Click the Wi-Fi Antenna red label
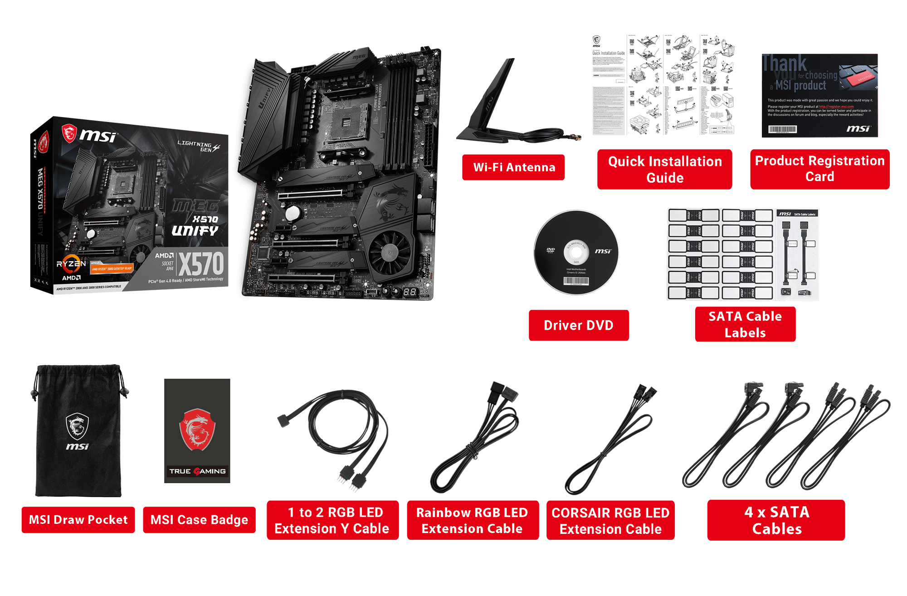click(x=513, y=167)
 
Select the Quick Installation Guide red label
click(x=664, y=169)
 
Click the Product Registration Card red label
click(x=819, y=169)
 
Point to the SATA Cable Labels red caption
click(x=745, y=324)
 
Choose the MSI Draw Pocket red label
click(x=78, y=520)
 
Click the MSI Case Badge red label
click(x=199, y=520)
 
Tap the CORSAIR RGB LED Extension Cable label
click(x=610, y=521)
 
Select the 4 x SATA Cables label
click(x=776, y=520)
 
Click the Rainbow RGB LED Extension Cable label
click(x=472, y=521)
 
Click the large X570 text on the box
click(x=201, y=264)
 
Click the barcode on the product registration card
click(x=782, y=129)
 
